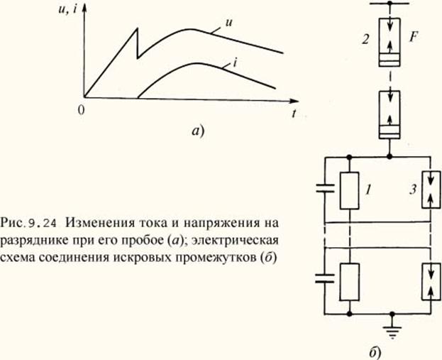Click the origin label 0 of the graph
coord(82,110)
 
